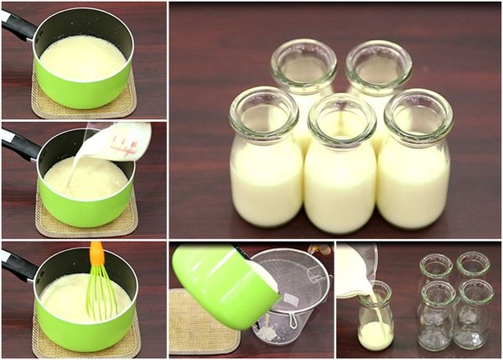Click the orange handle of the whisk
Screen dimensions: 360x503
[97, 253]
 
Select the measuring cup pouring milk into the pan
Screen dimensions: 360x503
[121, 141]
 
